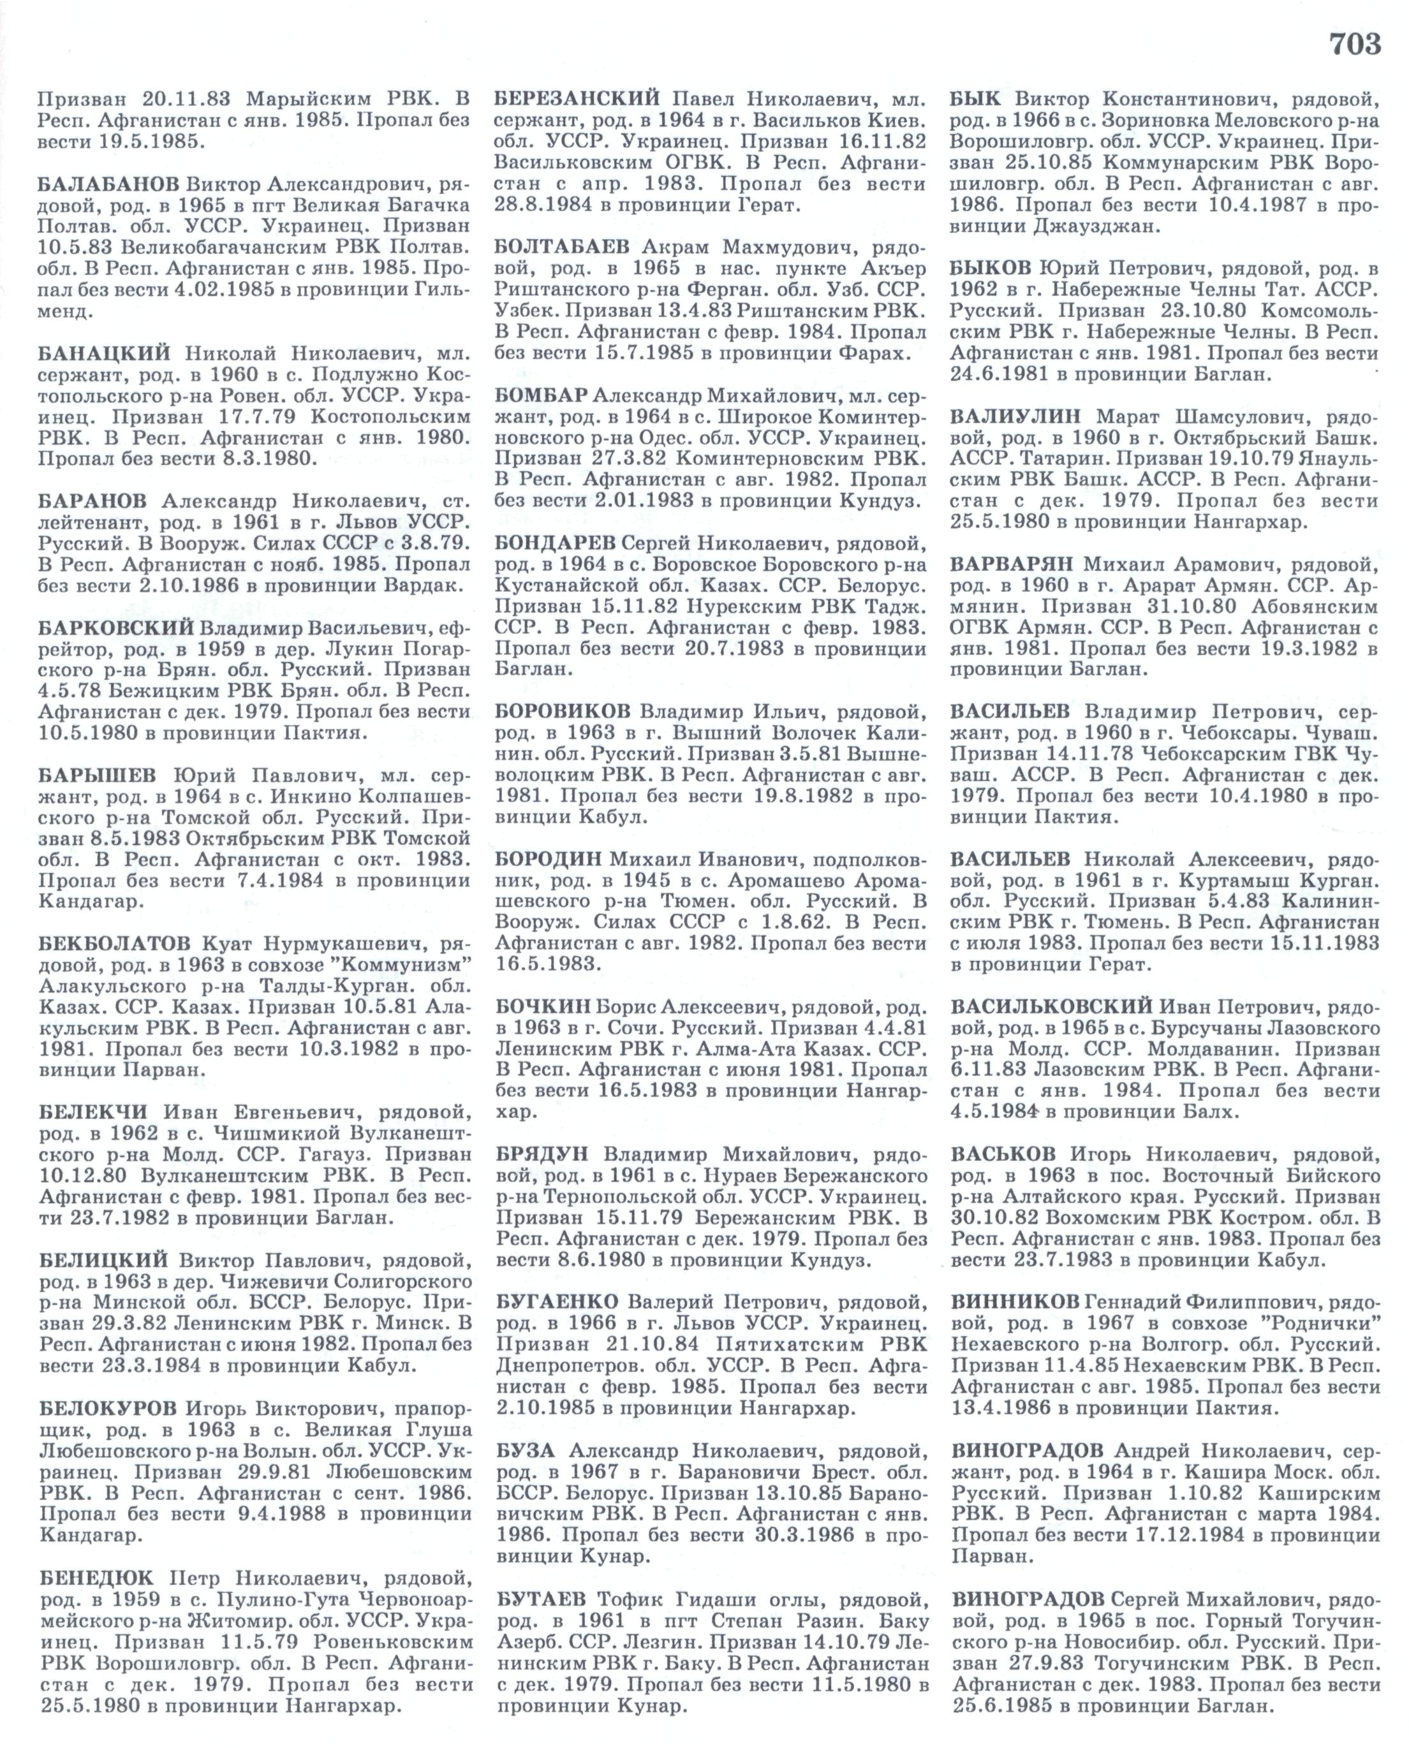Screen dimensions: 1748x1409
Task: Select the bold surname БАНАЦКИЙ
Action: pyautogui.click(x=104, y=353)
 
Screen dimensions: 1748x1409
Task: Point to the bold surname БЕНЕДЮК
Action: pyautogui.click(x=95, y=1578)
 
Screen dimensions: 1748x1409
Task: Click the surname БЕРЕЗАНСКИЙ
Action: pyautogui.click(x=575, y=99)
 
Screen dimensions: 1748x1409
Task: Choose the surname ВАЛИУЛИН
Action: pyautogui.click(x=1015, y=416)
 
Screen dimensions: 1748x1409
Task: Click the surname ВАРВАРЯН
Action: pyautogui.click(x=1011, y=564)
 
